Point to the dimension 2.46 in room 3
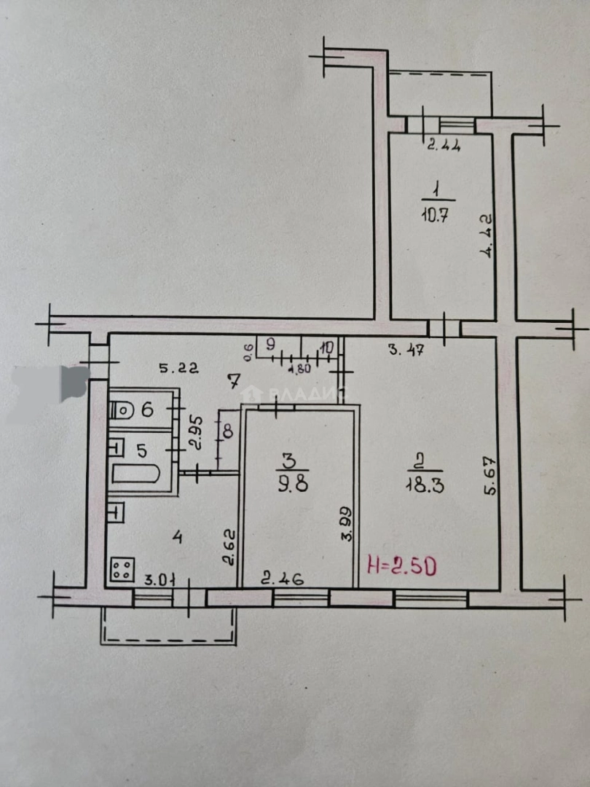coord(283,580)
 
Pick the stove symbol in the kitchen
coord(122,569)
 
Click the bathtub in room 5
coord(135,475)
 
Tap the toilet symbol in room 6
coord(123,410)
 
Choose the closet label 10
coord(326,348)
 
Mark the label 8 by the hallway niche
coord(227,431)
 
